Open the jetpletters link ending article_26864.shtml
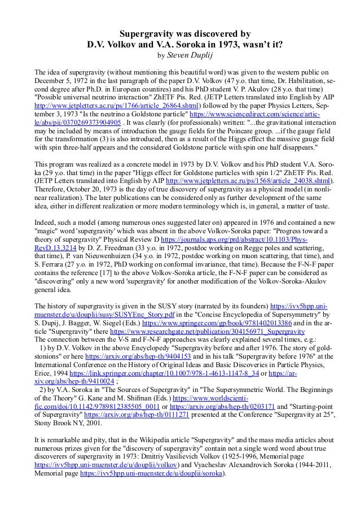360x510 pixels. tap(112, 104)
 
